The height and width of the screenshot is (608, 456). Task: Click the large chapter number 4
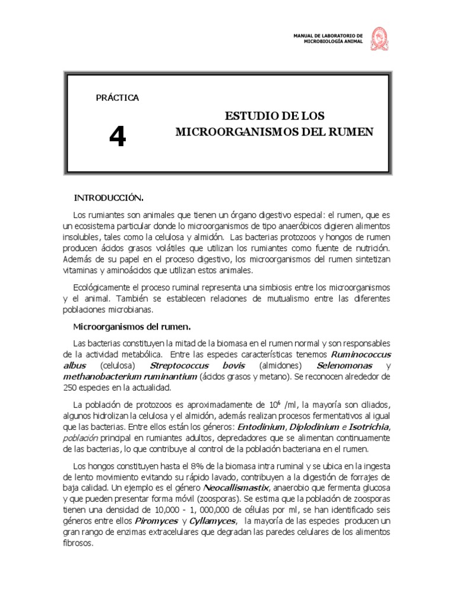[118, 138]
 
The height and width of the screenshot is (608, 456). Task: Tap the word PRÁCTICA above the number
[118, 98]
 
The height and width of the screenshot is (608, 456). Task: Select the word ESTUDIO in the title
[250, 115]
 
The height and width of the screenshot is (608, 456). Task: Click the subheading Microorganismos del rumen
[131, 326]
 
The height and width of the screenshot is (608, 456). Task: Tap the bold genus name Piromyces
[156, 521]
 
